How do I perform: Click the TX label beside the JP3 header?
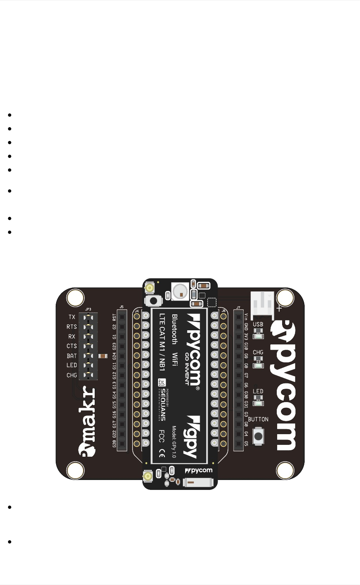tap(72, 317)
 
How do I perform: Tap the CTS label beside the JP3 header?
tap(72, 346)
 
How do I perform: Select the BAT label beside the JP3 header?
tap(72, 356)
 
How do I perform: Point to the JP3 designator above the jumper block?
tap(88, 309)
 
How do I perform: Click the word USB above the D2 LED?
tap(258, 324)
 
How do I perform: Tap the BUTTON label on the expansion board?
tap(258, 419)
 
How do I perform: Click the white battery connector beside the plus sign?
tap(262, 304)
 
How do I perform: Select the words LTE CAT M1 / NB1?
tap(162, 343)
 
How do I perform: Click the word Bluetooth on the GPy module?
tap(174, 329)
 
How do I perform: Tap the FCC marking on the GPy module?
tap(161, 436)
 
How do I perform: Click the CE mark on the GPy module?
tap(161, 453)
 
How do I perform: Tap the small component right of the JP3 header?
tap(103, 356)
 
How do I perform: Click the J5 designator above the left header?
tap(121, 307)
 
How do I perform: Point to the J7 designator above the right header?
tap(238, 308)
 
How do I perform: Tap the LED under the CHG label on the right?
tap(258, 365)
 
